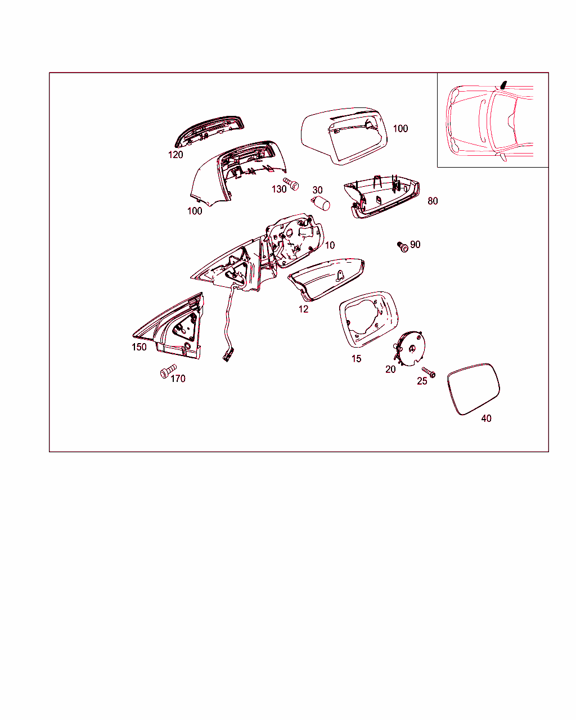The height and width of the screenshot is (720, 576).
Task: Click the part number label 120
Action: pos(175,155)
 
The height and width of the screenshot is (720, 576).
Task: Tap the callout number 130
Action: pos(279,190)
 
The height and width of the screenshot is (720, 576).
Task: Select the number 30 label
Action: pos(317,190)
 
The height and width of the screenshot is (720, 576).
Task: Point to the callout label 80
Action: pos(433,201)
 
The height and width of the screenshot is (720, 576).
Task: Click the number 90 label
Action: pos(415,245)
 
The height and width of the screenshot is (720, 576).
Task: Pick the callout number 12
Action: pos(303,309)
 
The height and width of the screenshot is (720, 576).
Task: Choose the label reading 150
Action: pos(139,347)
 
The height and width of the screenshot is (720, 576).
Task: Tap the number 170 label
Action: pos(178,379)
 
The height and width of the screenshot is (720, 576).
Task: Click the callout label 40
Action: pos(486,418)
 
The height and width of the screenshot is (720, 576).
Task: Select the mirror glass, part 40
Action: pos(473,389)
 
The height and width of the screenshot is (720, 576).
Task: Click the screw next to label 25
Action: pos(429,372)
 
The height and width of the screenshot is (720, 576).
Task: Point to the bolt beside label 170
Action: pos(168,371)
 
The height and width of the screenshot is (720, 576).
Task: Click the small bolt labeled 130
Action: pos(291,184)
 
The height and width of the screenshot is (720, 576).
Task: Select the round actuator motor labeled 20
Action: pos(410,349)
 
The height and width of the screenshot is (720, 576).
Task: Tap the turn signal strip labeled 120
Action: pos(209,132)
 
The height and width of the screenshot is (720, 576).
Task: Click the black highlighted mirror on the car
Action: pos(503,85)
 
